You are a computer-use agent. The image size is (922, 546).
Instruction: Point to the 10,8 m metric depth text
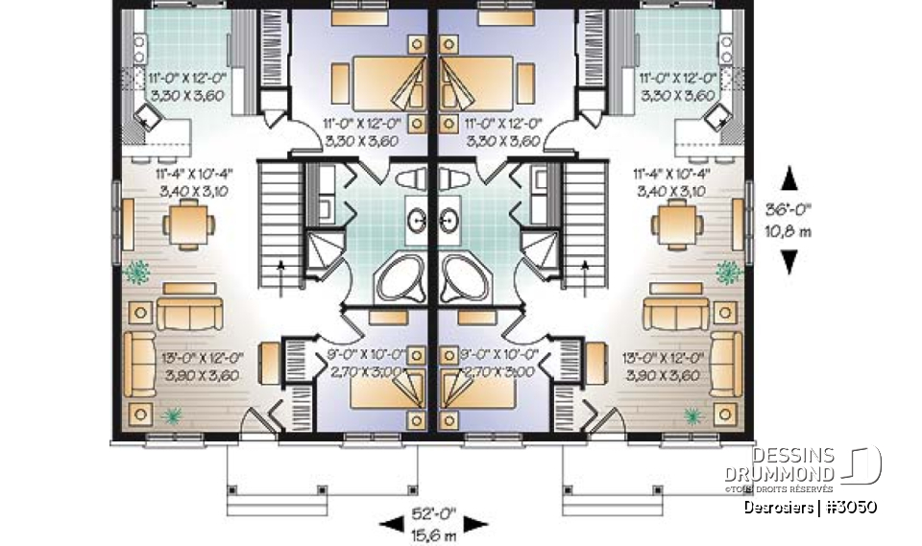tap(790, 232)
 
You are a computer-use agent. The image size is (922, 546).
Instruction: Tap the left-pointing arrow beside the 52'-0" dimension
tap(391, 523)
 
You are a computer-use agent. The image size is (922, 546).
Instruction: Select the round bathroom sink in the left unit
tap(420, 220)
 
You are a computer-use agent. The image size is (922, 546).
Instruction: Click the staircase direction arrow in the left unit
tap(281, 273)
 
